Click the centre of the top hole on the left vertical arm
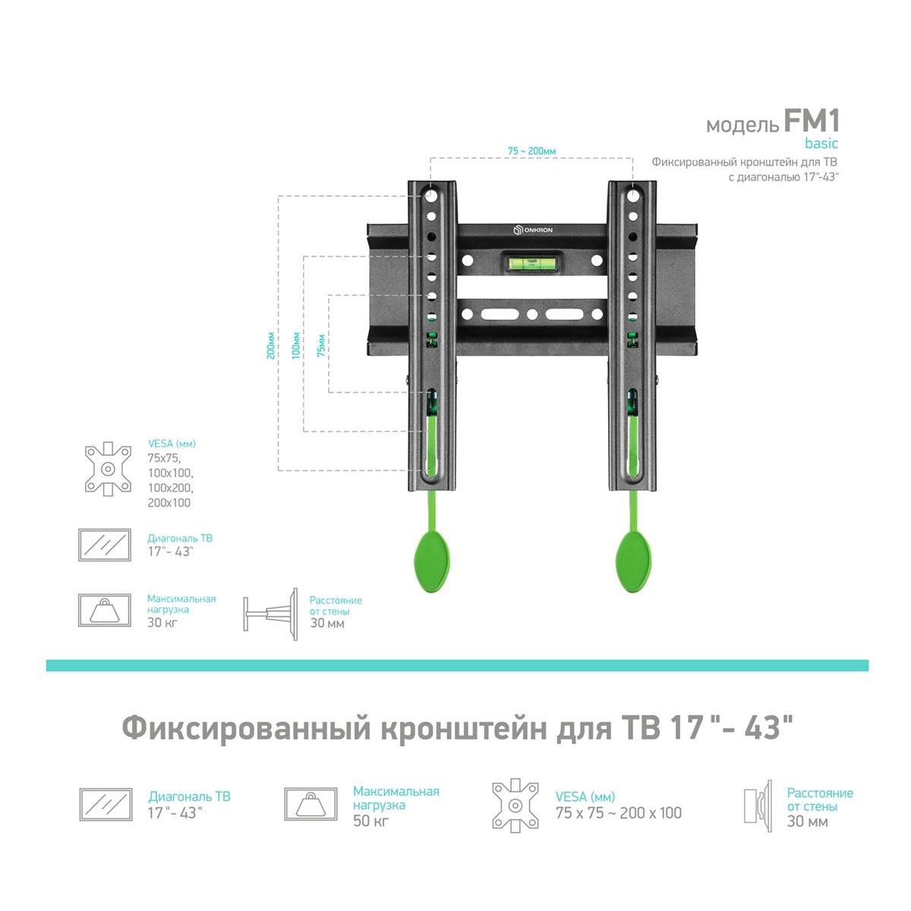pyautogui.click(x=430, y=195)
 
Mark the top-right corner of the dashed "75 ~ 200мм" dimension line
pyautogui.click(x=632, y=158)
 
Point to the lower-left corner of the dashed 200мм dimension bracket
pyautogui.click(x=279, y=470)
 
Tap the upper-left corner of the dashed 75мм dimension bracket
pyautogui.click(x=329, y=295)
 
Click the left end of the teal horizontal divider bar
pyautogui.click(x=46, y=665)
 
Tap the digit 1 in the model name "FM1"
pyautogui.click(x=831, y=121)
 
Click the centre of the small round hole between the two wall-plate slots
pyautogui.click(x=532, y=314)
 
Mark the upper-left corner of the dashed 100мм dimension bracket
pyautogui.click(x=304, y=257)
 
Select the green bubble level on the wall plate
pyautogui.click(x=532, y=260)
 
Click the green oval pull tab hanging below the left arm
pyautogui.click(x=432, y=562)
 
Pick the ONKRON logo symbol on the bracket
pyautogui.click(x=517, y=230)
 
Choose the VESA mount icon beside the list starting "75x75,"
pyautogui.click(x=108, y=469)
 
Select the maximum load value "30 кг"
pyautogui.click(x=162, y=623)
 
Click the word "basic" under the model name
pyautogui.click(x=821, y=143)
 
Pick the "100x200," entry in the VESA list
pyautogui.click(x=171, y=487)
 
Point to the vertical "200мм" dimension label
pyautogui.click(x=271, y=345)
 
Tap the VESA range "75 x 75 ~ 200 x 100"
pyautogui.click(x=619, y=812)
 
